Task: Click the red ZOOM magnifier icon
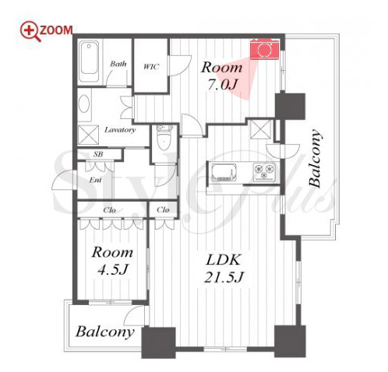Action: click(x=30, y=31)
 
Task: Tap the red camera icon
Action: click(x=264, y=49)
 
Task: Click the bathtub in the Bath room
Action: click(x=89, y=61)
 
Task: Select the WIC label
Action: click(x=151, y=67)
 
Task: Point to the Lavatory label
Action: click(x=120, y=130)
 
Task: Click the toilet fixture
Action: click(x=164, y=138)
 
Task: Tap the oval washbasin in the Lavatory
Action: click(x=84, y=104)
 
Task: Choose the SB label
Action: click(x=98, y=154)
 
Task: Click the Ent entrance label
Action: click(x=95, y=180)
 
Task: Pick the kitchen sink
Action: click(x=224, y=172)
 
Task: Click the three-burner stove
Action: click(x=264, y=172)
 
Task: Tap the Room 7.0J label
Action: click(x=222, y=75)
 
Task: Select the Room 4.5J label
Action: click(x=112, y=261)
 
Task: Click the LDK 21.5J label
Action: click(x=224, y=268)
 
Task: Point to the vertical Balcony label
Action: click(x=315, y=158)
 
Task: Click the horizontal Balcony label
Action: click(x=105, y=332)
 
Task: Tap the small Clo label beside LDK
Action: click(x=163, y=209)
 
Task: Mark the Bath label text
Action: click(x=118, y=64)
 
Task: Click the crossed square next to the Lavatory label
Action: click(x=88, y=135)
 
